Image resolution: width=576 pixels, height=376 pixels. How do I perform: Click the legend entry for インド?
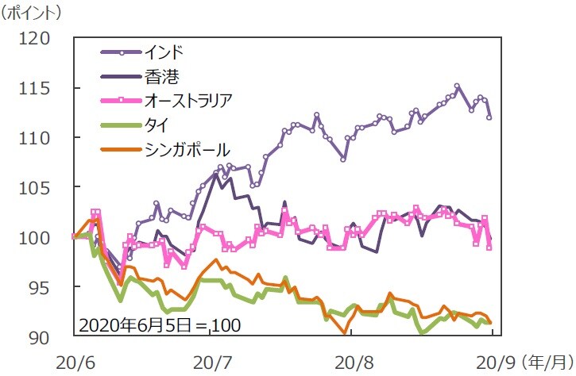pyautogui.click(x=164, y=53)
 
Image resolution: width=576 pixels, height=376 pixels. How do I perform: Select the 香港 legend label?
pyautogui.click(x=161, y=77)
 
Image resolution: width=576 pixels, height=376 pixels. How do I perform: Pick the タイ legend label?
pyautogui.click(x=156, y=125)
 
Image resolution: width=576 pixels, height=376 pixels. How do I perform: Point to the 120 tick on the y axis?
pyautogui.click(x=34, y=38)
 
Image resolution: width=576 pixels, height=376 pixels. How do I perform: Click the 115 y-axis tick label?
pyautogui.click(x=34, y=88)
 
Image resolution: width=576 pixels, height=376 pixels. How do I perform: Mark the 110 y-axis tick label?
pyautogui.click(x=34, y=138)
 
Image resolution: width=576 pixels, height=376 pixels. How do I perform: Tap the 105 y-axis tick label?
pyautogui.click(x=34, y=187)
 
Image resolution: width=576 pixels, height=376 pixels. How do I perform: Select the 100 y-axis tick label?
pyautogui.click(x=34, y=237)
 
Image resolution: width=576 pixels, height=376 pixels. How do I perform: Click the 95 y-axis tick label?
pyautogui.click(x=40, y=286)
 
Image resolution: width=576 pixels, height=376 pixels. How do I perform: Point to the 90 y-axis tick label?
pyautogui.click(x=40, y=336)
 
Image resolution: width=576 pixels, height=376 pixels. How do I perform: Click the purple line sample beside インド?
pyautogui.click(x=120, y=53)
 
